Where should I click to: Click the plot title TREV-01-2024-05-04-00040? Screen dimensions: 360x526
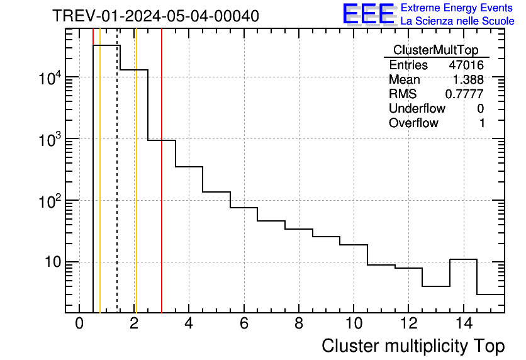[155, 16]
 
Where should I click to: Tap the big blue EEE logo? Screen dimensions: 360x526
[369, 14]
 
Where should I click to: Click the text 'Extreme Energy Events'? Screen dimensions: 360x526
[457, 8]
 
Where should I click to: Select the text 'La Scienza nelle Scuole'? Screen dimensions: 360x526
[457, 21]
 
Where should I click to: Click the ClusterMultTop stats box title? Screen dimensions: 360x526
[435, 50]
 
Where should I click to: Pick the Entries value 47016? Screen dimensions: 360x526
[466, 65]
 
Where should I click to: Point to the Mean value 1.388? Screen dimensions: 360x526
[469, 80]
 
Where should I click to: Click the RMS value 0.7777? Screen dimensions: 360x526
[464, 94]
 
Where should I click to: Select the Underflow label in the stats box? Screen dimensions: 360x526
[417, 109]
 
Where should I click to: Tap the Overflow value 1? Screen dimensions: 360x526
[482, 123]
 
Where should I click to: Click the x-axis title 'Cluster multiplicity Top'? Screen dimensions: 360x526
[413, 346]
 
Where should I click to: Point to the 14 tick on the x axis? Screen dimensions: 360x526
[463, 324]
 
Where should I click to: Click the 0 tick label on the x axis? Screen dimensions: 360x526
[79, 324]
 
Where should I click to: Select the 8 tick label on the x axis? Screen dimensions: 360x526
[298, 324]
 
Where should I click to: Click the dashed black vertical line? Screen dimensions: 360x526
[117, 189]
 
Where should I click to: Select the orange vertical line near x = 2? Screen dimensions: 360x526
[136, 189]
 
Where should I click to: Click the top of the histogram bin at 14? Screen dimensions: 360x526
[463, 259]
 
